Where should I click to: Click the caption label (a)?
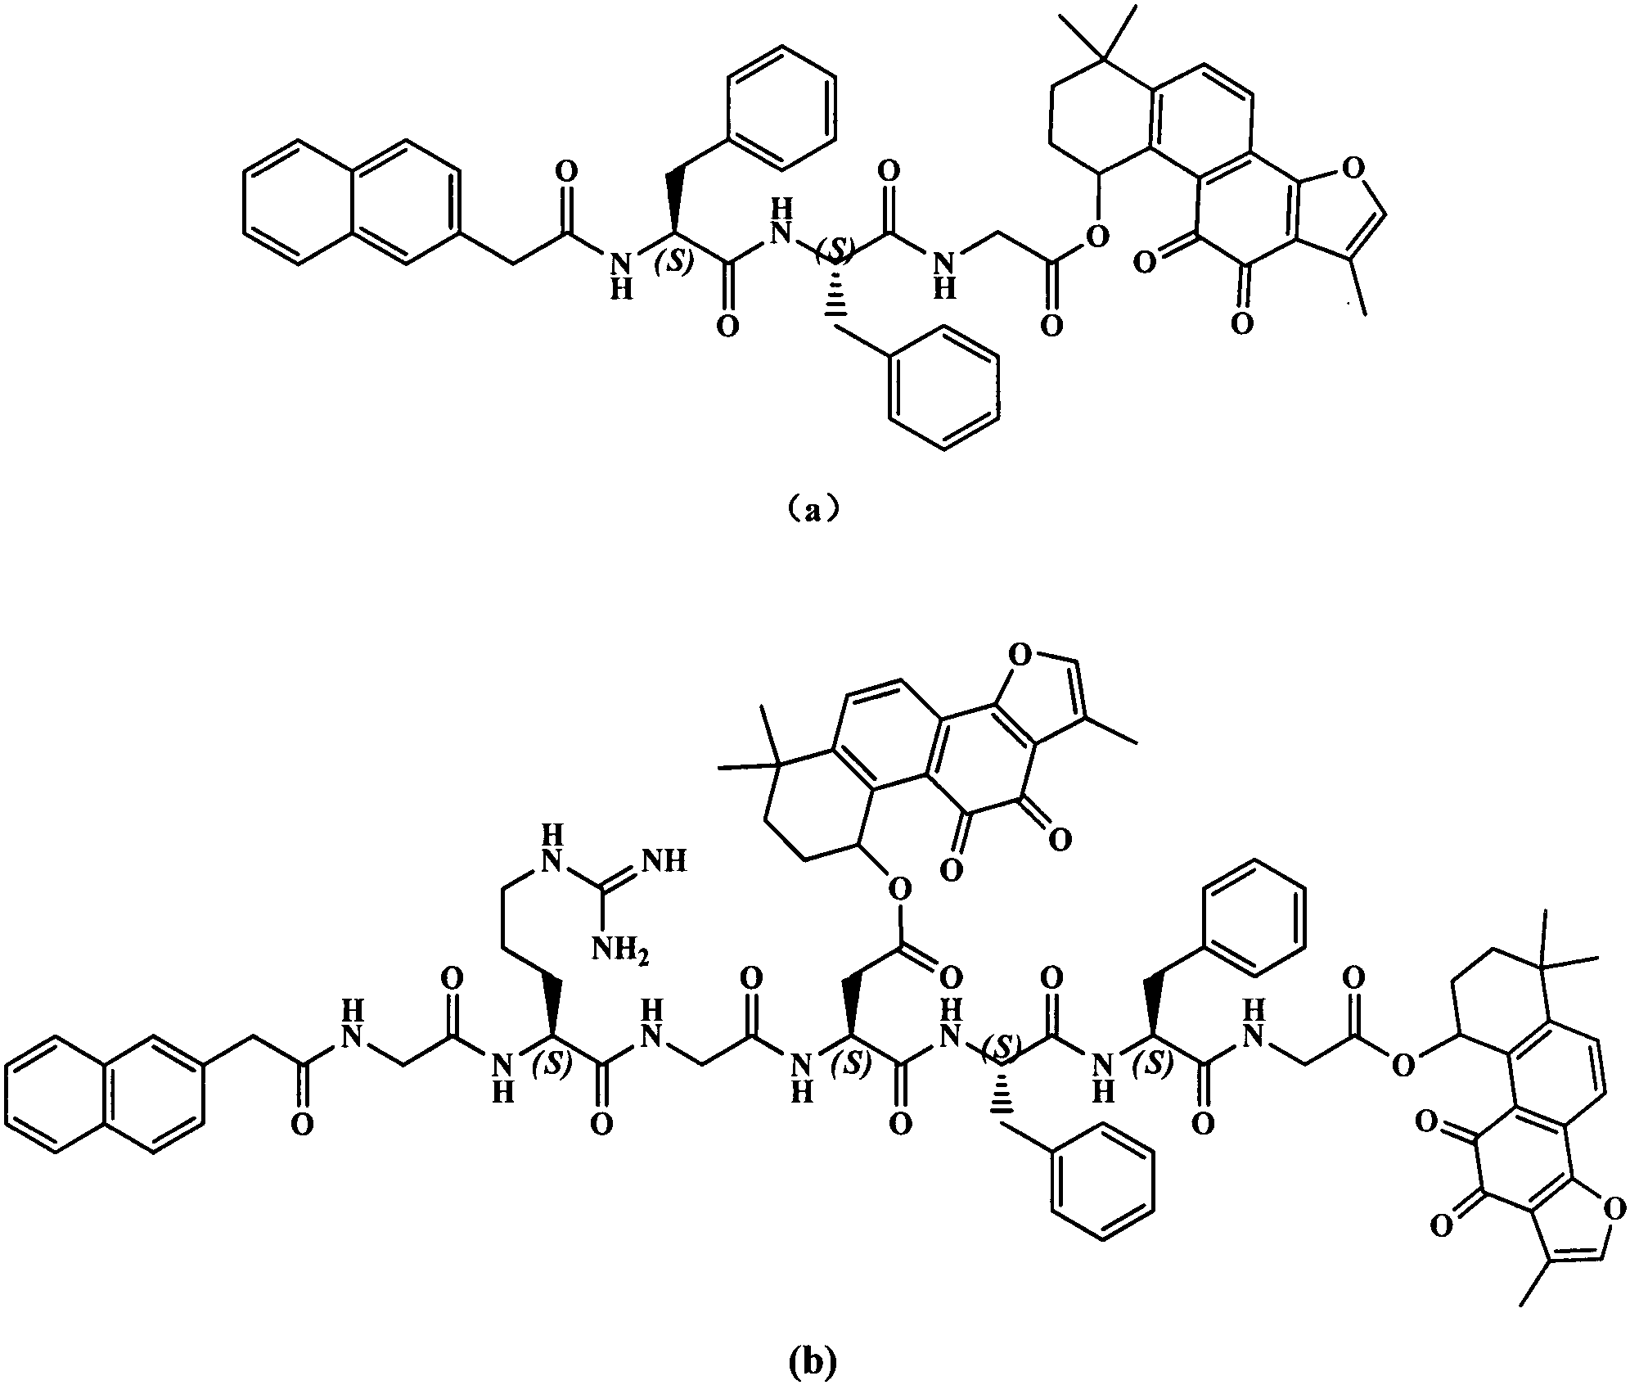pos(810,510)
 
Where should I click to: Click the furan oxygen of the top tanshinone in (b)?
pos(1020,654)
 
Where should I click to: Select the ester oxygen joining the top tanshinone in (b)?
pos(898,887)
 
